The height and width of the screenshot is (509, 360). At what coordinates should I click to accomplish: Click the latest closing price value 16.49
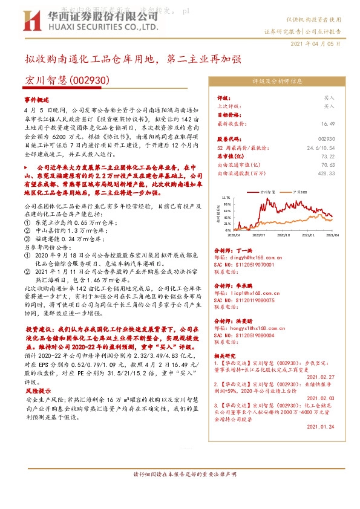click(x=328, y=123)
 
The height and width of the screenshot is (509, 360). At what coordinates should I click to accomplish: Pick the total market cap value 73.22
click(x=328, y=156)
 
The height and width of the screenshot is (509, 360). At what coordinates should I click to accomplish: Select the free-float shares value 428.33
click(x=326, y=173)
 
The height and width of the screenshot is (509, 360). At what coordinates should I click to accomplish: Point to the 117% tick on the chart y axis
click(x=226, y=198)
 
